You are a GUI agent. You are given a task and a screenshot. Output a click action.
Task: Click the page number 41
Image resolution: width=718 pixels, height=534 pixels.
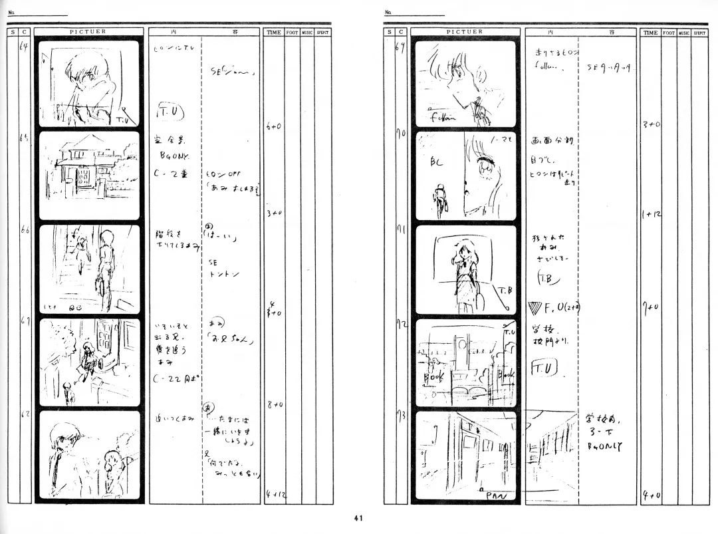pos(358,519)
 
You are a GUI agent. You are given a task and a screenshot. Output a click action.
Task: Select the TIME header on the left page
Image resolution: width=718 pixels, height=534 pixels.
pos(274,32)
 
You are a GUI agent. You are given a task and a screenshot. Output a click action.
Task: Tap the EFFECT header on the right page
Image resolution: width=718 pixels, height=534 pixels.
pos(700,32)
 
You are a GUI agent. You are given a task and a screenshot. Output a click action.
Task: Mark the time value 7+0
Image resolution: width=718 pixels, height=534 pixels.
pos(650,307)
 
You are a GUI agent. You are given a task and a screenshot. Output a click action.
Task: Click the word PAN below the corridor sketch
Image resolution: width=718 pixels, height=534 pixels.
pos(496,495)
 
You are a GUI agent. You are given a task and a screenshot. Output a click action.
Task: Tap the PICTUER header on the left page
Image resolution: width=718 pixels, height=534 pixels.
pos(88,31)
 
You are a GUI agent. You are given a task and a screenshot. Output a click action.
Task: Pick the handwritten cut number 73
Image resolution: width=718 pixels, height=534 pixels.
pos(401,417)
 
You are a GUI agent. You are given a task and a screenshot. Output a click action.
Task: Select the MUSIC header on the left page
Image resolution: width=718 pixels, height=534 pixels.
pos(307,32)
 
